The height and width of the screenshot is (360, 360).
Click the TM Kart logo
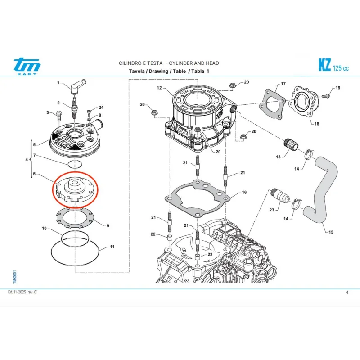click(x=27, y=67)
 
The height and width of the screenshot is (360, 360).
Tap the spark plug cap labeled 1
click(x=74, y=85)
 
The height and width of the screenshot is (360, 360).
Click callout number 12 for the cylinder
click(x=159, y=88)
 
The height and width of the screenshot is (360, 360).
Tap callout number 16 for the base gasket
click(x=244, y=193)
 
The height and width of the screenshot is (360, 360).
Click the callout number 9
click(x=108, y=225)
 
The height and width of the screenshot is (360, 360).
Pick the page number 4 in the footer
click(x=347, y=292)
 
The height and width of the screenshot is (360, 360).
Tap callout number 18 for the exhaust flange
click(x=316, y=124)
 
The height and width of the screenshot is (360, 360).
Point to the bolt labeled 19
click(x=326, y=95)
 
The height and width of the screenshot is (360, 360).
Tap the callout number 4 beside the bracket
click(x=26, y=160)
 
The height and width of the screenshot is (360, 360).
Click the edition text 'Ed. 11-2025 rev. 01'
click(x=23, y=292)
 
